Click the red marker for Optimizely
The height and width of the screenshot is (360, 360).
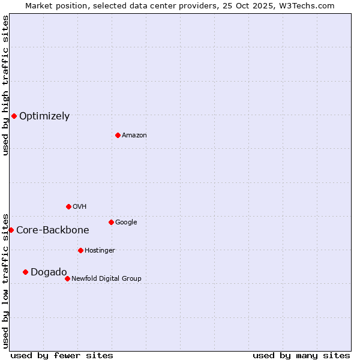(x=14, y=116)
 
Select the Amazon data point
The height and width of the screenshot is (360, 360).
(x=118, y=135)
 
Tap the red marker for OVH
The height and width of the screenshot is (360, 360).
(x=68, y=206)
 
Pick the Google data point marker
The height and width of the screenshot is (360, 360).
(x=111, y=222)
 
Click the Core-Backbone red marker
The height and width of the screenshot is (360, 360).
(x=11, y=230)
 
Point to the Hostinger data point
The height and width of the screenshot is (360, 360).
(x=80, y=250)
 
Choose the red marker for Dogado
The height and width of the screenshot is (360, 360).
(x=25, y=272)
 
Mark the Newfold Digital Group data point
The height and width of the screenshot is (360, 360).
(x=67, y=278)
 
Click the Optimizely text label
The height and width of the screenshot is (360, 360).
(x=44, y=116)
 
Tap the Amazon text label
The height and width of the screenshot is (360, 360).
(x=134, y=136)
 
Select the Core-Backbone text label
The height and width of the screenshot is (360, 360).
(x=53, y=230)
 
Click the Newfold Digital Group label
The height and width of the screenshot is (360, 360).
(x=106, y=279)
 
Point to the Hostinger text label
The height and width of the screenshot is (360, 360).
(x=100, y=251)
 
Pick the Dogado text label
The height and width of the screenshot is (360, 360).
(x=49, y=272)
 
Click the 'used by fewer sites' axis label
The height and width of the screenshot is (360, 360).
(x=62, y=355)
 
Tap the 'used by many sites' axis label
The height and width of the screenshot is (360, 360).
(x=301, y=355)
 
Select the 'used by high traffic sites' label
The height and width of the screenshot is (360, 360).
(x=6, y=85)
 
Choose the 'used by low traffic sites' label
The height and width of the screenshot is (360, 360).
(x=6, y=281)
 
